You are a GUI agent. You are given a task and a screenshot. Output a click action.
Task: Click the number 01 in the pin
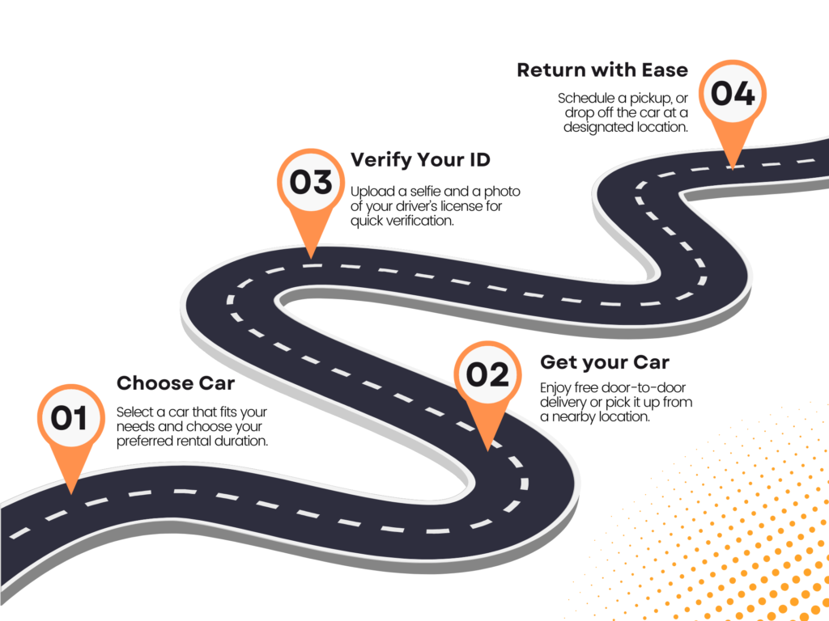[69, 418]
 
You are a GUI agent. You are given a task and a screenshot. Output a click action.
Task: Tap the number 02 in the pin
[487, 374]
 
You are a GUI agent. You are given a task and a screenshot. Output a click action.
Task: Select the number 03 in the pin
[311, 182]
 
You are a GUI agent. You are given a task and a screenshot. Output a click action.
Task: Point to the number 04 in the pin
[733, 94]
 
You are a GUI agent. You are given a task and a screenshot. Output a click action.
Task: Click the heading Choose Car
[176, 382]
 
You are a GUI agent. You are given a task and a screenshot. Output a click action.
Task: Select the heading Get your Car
[605, 363]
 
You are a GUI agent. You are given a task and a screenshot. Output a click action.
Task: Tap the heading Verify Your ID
[420, 159]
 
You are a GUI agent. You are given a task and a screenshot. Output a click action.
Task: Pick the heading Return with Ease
[602, 70]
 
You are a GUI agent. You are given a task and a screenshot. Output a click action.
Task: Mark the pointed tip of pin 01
[71, 494]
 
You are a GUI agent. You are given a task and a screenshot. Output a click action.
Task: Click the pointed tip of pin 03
[312, 258]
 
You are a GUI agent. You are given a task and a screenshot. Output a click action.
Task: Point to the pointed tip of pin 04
[733, 169]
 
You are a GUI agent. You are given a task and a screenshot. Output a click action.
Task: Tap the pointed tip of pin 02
[487, 450]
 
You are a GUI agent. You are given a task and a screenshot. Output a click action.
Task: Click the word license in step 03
[464, 206]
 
